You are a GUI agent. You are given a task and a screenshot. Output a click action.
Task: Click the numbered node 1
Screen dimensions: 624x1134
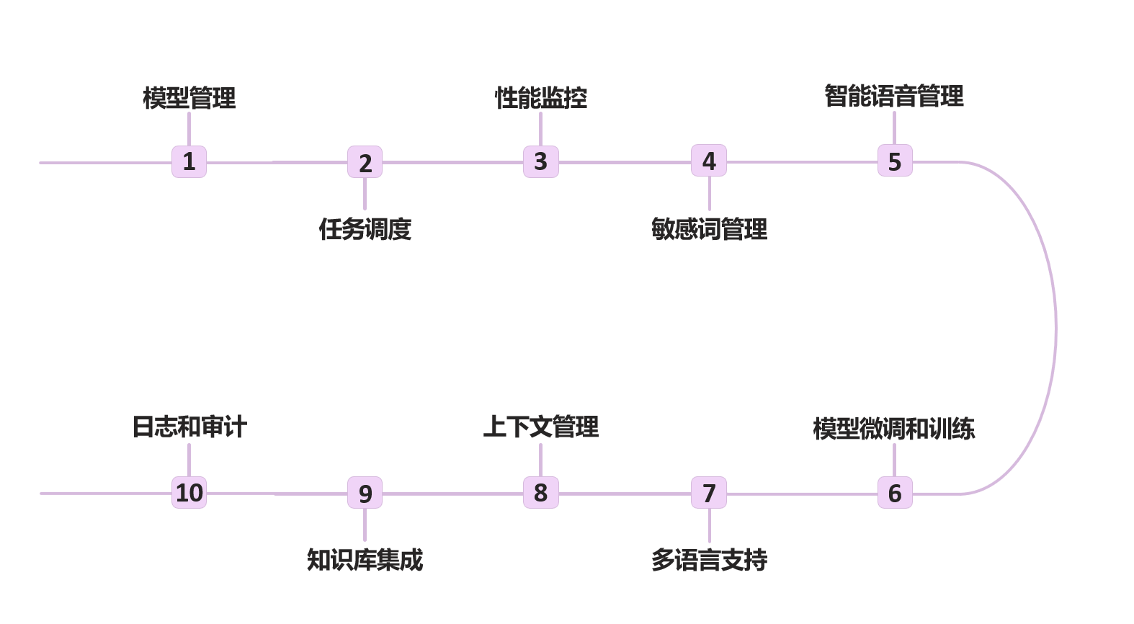pyautogui.click(x=189, y=161)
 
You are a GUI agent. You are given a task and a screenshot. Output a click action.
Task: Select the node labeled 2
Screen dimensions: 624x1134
pyautogui.click(x=365, y=162)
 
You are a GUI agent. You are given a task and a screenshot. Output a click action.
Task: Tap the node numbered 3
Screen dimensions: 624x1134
pyautogui.click(x=540, y=161)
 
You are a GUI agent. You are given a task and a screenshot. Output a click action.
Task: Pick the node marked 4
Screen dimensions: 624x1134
pyautogui.click(x=709, y=161)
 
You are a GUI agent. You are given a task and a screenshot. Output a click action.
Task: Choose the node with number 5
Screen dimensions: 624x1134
pyautogui.click(x=894, y=161)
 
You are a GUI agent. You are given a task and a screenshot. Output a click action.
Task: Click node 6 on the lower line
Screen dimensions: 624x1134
pyautogui.click(x=894, y=493)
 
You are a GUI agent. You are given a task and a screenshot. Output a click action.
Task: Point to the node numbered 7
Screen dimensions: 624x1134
pyautogui.click(x=709, y=493)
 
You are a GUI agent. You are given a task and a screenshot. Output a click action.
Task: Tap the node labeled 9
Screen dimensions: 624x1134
pyautogui.click(x=365, y=493)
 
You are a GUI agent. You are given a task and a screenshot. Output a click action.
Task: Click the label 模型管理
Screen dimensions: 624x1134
pyautogui.click(x=189, y=97)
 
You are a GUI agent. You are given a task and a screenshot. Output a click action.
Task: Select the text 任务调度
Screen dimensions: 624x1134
pyautogui.click(x=365, y=229)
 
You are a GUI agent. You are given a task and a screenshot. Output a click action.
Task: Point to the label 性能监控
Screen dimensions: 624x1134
pyautogui.click(x=540, y=97)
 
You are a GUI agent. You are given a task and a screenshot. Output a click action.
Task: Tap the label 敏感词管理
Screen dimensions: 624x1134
pyautogui.click(x=709, y=229)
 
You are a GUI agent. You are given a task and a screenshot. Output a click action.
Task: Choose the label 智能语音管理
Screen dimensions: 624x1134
pyautogui.click(x=894, y=96)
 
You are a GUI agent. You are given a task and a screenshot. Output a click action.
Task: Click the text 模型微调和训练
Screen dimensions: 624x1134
pyautogui.click(x=894, y=429)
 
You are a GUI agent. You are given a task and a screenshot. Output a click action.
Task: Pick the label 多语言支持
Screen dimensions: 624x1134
pyautogui.click(x=709, y=560)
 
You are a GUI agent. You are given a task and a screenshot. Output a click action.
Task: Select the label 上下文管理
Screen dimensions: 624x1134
pyautogui.click(x=540, y=427)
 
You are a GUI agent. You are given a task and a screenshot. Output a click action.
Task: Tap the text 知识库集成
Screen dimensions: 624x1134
pyautogui.click(x=365, y=560)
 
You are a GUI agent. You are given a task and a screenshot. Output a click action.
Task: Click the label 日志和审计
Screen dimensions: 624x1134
pyautogui.click(x=189, y=427)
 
